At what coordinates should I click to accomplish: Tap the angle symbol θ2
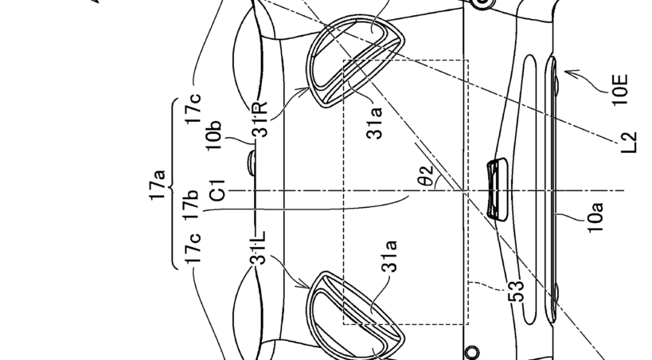coord(426,174)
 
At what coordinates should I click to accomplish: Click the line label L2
coord(628,143)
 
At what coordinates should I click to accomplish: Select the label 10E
coord(619,90)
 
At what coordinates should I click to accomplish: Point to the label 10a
coord(595,217)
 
